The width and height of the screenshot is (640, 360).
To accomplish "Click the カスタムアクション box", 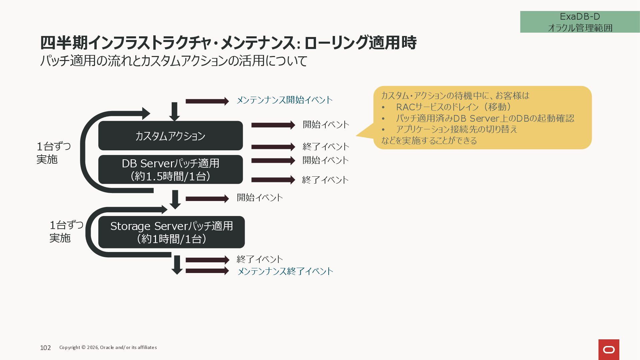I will click(x=170, y=136).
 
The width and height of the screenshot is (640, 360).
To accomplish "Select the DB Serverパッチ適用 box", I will click(x=170, y=169).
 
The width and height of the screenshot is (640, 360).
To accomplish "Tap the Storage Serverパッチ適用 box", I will click(x=171, y=232).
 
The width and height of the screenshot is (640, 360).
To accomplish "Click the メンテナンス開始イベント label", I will click(x=284, y=100).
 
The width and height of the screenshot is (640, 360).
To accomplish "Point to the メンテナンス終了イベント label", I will click(x=285, y=271).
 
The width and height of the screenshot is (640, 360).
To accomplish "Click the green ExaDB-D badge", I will click(x=580, y=22).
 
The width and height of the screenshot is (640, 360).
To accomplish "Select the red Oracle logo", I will click(x=609, y=349).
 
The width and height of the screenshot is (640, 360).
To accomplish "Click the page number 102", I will click(x=45, y=348).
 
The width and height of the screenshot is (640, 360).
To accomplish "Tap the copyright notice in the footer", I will click(x=108, y=347).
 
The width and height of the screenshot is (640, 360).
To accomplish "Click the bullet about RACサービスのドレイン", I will click(x=453, y=107).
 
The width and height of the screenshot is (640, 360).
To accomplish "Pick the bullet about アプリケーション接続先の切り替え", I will click(x=456, y=129).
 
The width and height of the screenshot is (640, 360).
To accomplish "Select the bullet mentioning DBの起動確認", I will click(x=485, y=118).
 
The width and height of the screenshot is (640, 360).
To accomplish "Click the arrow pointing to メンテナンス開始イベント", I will click(x=207, y=101).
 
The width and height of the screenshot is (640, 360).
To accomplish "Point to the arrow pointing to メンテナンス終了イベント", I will click(x=207, y=271).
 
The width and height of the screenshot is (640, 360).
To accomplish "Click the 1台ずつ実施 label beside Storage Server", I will click(x=66, y=231).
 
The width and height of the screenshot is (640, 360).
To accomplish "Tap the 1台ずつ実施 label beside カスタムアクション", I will click(x=53, y=153).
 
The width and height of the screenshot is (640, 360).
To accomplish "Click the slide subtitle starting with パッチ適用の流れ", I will click(x=173, y=61).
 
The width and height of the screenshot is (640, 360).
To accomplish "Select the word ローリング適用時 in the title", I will click(x=360, y=43).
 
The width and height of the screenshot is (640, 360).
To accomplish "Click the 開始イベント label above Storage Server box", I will click(x=260, y=198).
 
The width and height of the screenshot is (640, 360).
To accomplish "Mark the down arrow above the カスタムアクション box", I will click(x=174, y=111).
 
